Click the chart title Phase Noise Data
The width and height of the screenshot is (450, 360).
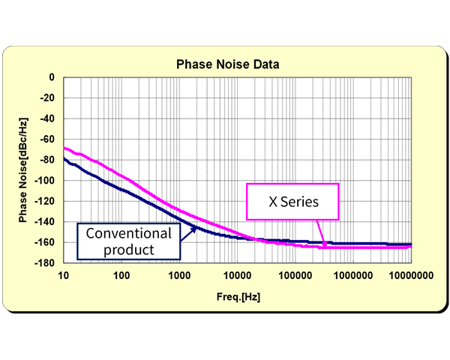pyautogui.click(x=227, y=64)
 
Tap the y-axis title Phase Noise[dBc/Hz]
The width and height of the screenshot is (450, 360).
pyautogui.click(x=25, y=169)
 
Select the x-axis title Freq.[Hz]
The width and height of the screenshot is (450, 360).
pyautogui.click(x=238, y=297)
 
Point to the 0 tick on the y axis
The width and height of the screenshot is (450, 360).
pyautogui.click(x=52, y=77)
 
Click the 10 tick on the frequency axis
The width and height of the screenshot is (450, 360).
pyautogui.click(x=64, y=276)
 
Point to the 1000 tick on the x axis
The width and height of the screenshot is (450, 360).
pyautogui.click(x=180, y=276)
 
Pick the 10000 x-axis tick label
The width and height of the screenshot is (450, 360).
pyautogui.click(x=238, y=276)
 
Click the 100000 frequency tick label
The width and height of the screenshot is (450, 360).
pyautogui.click(x=295, y=276)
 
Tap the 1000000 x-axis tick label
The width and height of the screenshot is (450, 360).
pyautogui.click(x=352, y=276)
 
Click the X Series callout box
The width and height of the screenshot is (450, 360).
pyautogui.click(x=293, y=202)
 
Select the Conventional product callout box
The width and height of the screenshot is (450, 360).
pyautogui.click(x=129, y=240)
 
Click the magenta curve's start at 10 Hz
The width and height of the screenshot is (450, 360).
pyautogui.click(x=65, y=148)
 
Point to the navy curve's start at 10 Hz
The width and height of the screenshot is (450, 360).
pyautogui.click(x=65, y=159)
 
